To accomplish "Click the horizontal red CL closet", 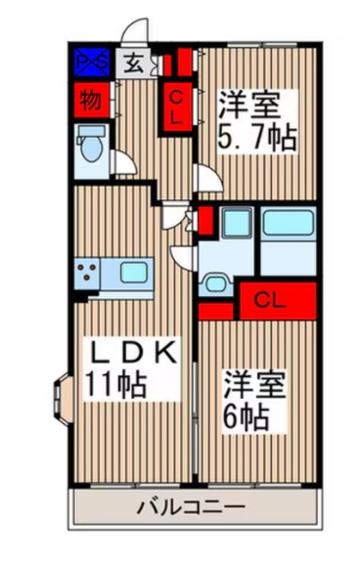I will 276,299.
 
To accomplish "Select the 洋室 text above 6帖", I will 255,381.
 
